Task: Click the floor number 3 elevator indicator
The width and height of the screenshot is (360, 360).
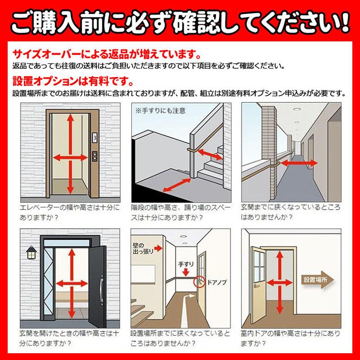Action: tap(95, 136)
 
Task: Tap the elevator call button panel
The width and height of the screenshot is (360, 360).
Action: tap(95, 156)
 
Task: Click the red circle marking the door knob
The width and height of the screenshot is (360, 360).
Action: tap(197, 283)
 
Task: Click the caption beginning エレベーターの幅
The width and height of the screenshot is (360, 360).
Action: tap(71, 211)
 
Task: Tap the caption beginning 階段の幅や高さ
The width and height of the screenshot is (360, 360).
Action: tap(181, 211)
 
